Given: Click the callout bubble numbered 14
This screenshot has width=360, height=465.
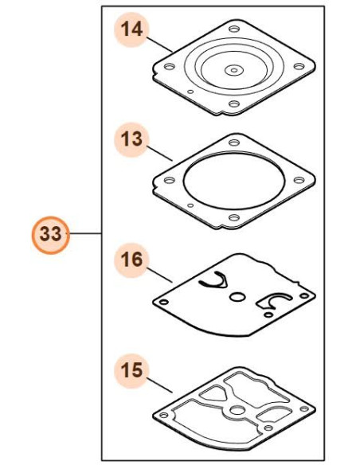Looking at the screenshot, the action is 131,29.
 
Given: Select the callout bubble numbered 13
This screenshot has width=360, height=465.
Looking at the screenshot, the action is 131,139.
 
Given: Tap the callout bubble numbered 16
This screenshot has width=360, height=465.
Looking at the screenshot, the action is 131,260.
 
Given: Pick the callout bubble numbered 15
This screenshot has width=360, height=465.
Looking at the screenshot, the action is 131,370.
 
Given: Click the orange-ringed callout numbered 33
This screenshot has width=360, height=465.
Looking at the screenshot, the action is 51,235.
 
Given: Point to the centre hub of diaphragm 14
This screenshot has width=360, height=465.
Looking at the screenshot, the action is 234,71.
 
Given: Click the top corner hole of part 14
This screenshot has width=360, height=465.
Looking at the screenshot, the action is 234,29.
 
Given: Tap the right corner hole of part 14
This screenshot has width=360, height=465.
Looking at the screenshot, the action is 299,66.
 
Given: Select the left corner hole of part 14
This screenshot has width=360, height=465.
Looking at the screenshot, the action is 170,66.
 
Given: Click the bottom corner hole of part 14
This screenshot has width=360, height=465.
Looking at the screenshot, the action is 234,104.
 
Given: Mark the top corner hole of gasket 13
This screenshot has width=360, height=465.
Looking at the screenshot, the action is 234,143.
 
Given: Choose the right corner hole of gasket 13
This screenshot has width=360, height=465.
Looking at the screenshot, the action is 299,180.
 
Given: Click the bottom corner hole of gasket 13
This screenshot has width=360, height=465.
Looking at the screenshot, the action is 234,217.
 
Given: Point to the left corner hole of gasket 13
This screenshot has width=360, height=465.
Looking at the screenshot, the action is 170,180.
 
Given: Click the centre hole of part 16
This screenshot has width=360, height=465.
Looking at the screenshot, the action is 237,297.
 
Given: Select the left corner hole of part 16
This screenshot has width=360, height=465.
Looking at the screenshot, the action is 164,303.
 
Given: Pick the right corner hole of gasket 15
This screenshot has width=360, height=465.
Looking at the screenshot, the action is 304,409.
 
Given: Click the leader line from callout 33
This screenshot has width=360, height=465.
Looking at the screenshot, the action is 86,234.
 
